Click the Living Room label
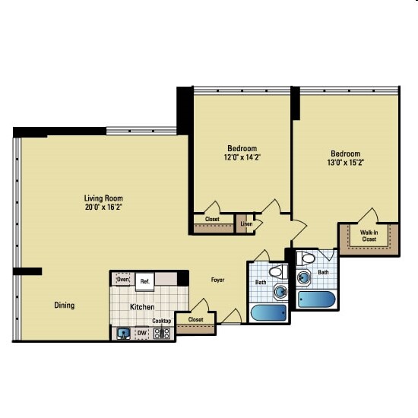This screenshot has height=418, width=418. point(103,198)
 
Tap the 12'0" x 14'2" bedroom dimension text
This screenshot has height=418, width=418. point(242,157)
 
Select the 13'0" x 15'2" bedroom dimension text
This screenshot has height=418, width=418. point(346,163)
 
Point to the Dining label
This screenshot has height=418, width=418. point(65,305)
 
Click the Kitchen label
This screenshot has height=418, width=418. point(142,307)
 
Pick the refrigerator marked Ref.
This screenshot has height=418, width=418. point(144,281)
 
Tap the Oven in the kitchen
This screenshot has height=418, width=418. point(123,280)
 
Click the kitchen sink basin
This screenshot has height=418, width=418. point(123,333)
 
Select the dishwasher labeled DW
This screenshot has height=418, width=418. point(142,333)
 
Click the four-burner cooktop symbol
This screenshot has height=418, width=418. point(162,333)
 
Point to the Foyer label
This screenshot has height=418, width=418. point(217,280)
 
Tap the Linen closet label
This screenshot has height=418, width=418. point(246,223)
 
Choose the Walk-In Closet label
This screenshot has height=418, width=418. point(369,236)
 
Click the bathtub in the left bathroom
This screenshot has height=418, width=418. point(268,312)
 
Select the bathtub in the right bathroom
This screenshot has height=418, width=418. point(316,299)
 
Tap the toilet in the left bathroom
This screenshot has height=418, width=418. point(278,272)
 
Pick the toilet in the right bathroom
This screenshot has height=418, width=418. point(306,258)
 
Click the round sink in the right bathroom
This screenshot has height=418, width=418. point(303,277)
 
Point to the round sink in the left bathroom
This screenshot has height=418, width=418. point(280,291)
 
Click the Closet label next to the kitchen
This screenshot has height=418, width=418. point(195,319)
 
